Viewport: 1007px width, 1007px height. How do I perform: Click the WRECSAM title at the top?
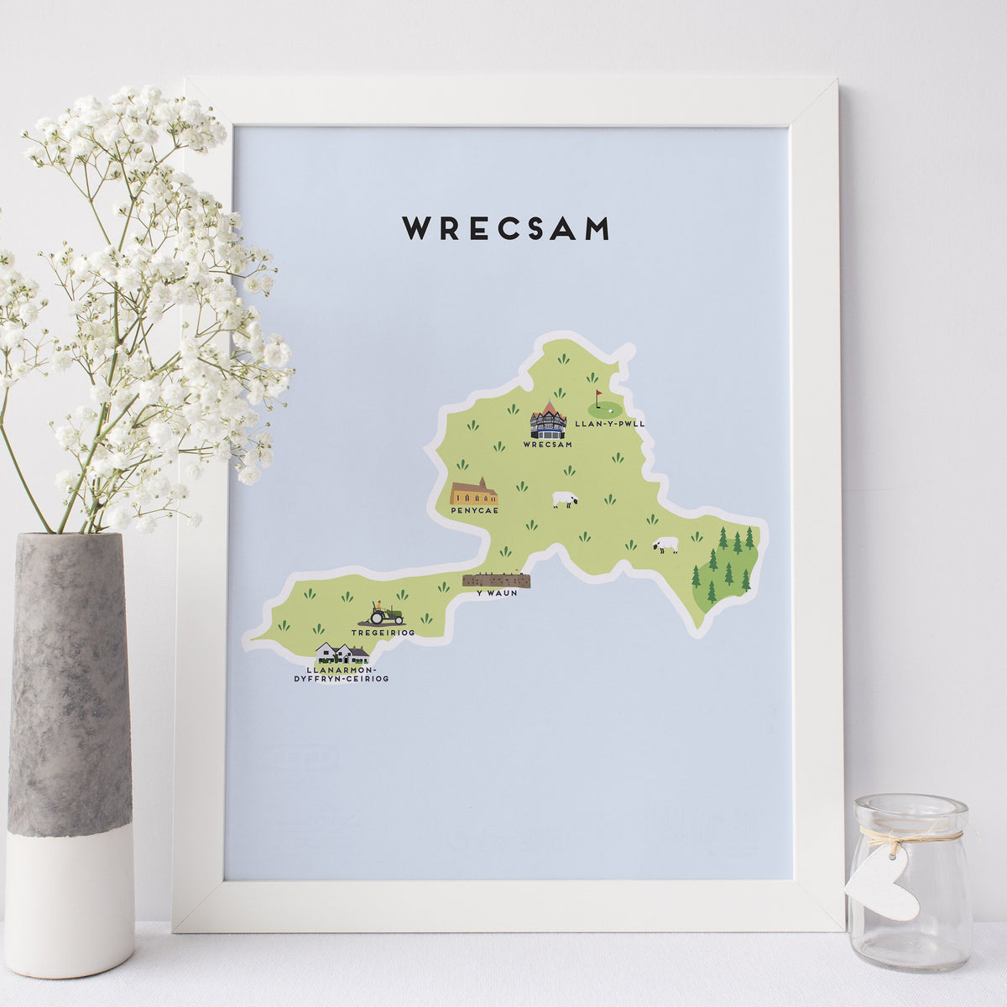tap(505, 228)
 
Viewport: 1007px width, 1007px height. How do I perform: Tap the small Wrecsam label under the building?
tap(546, 444)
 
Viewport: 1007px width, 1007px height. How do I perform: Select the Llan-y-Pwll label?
tap(610, 425)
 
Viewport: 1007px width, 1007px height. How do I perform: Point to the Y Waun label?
tap(497, 592)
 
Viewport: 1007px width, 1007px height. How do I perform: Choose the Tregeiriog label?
tap(383, 632)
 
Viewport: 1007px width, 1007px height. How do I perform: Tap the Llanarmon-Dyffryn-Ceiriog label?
tap(342, 673)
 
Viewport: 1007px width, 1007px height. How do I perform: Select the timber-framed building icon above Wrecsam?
tap(548, 420)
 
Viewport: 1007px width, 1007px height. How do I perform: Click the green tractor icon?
tap(386, 614)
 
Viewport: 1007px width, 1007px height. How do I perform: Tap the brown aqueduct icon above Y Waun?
tap(497, 580)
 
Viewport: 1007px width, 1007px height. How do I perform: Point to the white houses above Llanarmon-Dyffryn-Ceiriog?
tap(342, 653)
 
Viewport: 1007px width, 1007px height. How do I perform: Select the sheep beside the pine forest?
tap(665, 545)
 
